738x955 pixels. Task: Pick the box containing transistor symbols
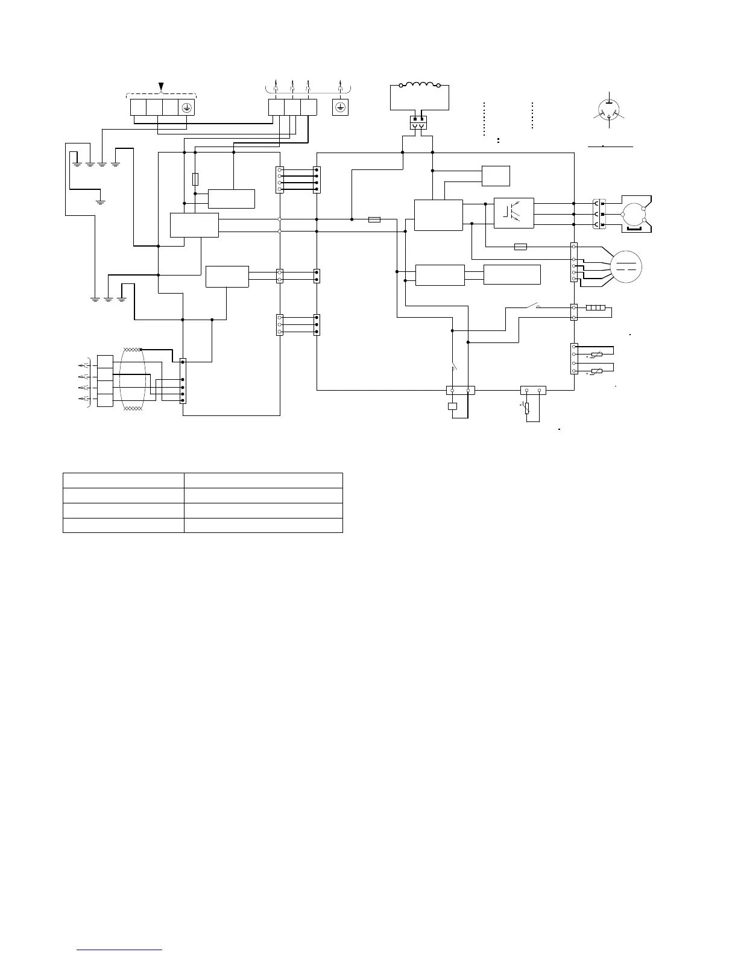tap(513, 213)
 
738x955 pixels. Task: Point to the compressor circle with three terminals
tap(634, 214)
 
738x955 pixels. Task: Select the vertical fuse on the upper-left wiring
tap(195, 178)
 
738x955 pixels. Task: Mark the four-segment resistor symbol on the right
tap(595, 308)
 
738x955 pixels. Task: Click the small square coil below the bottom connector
tap(453, 406)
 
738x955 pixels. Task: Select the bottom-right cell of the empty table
tap(263, 525)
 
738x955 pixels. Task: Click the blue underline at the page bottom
tap(120, 950)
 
